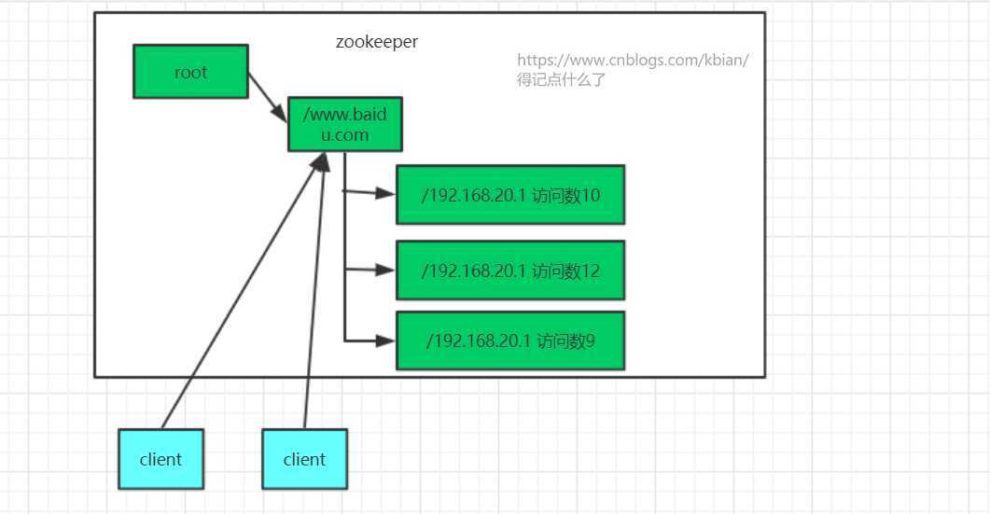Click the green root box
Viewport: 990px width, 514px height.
click(x=190, y=72)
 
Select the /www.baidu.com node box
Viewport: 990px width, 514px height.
click(x=344, y=124)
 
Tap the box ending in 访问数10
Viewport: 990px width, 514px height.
click(x=509, y=195)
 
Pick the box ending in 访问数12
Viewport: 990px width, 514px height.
click(x=509, y=271)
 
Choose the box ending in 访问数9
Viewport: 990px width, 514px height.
click(x=509, y=340)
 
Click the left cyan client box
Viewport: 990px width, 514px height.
click(x=160, y=459)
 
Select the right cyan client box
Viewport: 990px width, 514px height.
click(x=304, y=459)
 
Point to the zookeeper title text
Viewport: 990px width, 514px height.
click(x=377, y=42)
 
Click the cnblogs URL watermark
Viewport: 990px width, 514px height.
click(x=633, y=61)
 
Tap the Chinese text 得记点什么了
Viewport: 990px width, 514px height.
click(x=562, y=80)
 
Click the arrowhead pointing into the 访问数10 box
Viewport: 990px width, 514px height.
click(x=385, y=193)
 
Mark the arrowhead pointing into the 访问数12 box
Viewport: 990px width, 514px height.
click(x=385, y=270)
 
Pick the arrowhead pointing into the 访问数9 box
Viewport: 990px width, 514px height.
click(x=385, y=340)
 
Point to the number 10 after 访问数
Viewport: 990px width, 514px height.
click(x=591, y=195)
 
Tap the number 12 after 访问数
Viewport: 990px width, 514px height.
click(x=591, y=271)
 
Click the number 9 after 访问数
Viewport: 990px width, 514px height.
click(x=589, y=340)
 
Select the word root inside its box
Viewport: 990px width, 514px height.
click(x=190, y=72)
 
